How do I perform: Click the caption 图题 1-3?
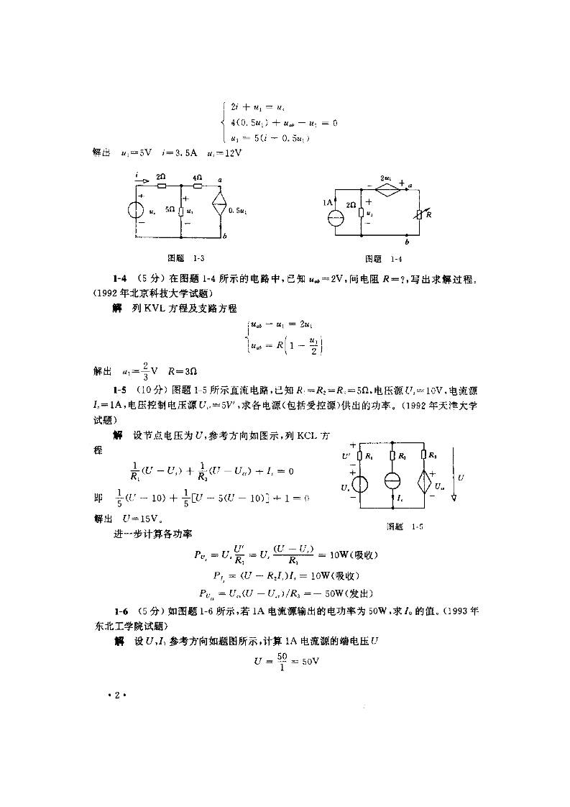pos(180,257)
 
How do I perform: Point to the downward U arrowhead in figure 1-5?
pos(454,496)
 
